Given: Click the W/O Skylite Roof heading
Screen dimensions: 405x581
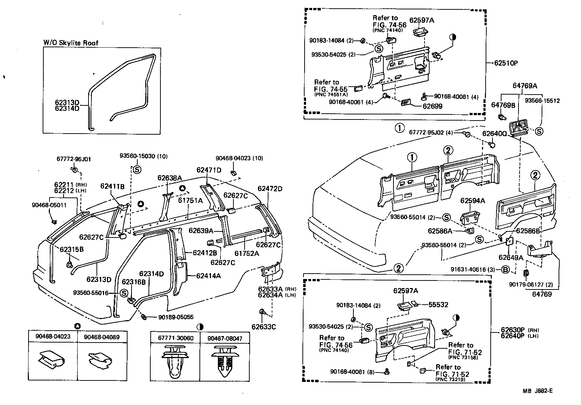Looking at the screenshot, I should click(x=71, y=43).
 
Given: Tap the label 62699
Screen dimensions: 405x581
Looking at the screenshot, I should click(x=433, y=106).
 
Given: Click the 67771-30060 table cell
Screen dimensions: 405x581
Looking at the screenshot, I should click(x=175, y=338).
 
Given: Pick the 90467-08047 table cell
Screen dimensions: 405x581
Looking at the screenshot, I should click(x=225, y=338).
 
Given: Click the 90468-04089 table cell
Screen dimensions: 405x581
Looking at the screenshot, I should click(x=102, y=337).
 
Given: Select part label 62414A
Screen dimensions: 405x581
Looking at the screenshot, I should click(x=208, y=276).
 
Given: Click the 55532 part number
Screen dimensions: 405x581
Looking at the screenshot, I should click(x=438, y=305).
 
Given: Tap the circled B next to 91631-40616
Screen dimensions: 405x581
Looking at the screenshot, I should click(x=505, y=269).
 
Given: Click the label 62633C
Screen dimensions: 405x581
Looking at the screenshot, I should click(x=264, y=327).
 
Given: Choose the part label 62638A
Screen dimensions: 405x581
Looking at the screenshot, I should click(x=169, y=178).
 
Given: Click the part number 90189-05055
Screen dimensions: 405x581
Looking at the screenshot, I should click(x=176, y=317).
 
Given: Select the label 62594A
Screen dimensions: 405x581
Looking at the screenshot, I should click(x=472, y=201).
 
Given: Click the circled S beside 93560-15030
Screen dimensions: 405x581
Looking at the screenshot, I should click(x=137, y=169).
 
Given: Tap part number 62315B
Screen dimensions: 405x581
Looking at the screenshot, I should click(x=72, y=249).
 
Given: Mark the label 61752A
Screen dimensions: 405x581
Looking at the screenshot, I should click(x=247, y=253).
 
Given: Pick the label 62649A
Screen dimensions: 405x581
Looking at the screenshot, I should click(x=511, y=257).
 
